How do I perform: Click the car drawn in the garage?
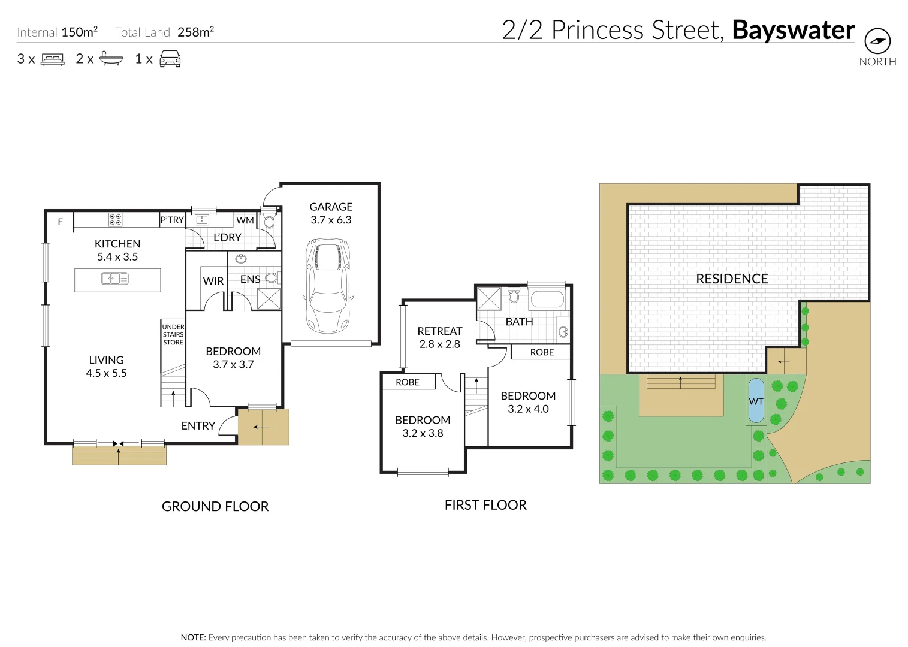click(328, 286)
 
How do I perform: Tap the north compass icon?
click(877, 41)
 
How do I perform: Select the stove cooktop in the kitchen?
click(116, 220)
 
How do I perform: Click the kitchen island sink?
click(115, 278)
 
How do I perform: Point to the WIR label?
click(213, 281)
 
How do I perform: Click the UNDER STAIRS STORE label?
click(173, 335)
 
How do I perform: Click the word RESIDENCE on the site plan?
click(732, 279)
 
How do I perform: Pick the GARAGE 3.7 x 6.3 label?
click(331, 213)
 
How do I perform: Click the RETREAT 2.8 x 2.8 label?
click(439, 337)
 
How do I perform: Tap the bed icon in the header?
click(52, 59)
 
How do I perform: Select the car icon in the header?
click(170, 59)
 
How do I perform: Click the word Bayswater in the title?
click(793, 30)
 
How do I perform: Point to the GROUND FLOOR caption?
click(215, 506)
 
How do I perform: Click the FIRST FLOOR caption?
click(485, 505)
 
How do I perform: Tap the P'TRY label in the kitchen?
click(172, 220)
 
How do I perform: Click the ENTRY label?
click(198, 425)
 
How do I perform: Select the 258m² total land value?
click(195, 32)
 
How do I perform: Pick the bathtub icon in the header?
click(111, 59)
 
